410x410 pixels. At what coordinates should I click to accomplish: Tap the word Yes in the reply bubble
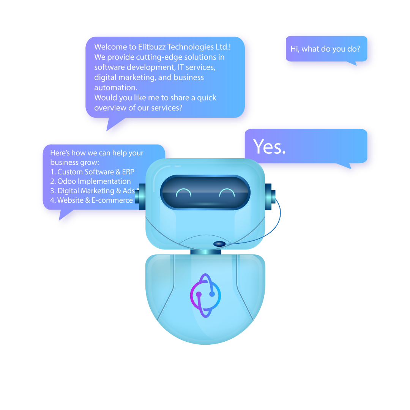269,147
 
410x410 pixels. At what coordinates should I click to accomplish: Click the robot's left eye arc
184,192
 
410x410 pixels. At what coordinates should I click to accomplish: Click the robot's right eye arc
227,192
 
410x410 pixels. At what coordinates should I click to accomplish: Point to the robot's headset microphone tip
219,244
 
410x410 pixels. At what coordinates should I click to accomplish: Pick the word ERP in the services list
128,172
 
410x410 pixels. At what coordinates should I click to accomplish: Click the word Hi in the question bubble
295,49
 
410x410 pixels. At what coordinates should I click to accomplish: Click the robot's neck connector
205,251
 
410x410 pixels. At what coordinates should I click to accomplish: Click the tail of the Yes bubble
345,166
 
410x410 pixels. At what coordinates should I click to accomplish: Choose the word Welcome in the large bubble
110,47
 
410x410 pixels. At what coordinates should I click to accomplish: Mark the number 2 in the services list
52,181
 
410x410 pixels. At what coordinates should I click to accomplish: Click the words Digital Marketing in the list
90,191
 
